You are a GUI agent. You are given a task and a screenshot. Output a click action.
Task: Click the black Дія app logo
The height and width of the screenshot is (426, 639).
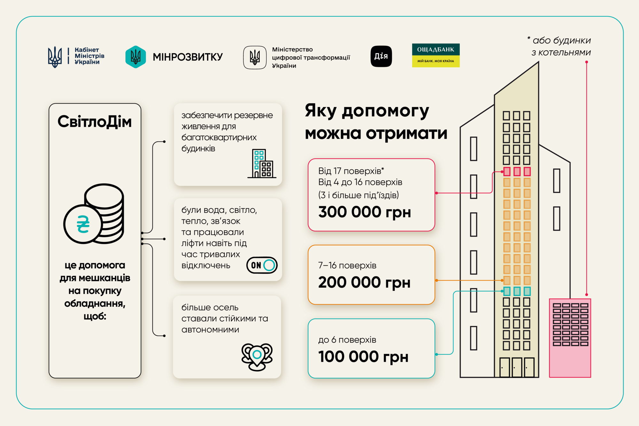(381, 56)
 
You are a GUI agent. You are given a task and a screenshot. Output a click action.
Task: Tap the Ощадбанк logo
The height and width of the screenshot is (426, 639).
(436, 55)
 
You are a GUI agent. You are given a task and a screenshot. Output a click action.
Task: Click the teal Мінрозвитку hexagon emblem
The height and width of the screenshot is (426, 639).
(136, 57)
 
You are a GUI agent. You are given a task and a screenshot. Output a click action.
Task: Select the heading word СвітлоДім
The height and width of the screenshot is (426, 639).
(95, 122)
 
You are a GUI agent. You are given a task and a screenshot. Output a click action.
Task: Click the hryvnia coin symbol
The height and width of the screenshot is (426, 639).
(83, 224)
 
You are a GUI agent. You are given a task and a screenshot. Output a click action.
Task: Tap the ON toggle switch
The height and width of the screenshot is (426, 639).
(262, 265)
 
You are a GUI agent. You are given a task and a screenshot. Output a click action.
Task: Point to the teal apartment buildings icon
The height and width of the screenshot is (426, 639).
(262, 163)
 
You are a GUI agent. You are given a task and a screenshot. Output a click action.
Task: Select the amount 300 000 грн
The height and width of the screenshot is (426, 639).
(365, 212)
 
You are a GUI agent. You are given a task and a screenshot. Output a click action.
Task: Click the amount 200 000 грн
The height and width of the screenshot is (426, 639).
(364, 283)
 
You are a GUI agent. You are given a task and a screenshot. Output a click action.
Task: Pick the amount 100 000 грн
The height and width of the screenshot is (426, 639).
(363, 357)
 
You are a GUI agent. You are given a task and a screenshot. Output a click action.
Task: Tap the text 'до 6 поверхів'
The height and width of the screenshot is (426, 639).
(347, 340)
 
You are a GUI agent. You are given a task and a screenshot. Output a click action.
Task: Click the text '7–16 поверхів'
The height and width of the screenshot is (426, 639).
(347, 266)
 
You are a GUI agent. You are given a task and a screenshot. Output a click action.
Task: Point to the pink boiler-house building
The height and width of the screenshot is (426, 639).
(570, 338)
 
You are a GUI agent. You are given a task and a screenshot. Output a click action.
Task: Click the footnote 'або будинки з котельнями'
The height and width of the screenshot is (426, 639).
(559, 46)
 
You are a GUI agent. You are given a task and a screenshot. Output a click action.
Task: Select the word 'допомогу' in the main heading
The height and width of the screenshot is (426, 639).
(385, 112)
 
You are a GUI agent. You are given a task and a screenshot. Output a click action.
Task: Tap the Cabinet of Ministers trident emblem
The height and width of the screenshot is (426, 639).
(55, 57)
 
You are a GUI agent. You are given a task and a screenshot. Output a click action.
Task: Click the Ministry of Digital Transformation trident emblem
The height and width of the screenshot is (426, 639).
(255, 58)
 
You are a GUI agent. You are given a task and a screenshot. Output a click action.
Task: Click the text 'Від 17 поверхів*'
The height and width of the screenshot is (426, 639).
(351, 171)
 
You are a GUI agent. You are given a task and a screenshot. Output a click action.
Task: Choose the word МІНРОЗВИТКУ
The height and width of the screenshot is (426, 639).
(188, 57)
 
